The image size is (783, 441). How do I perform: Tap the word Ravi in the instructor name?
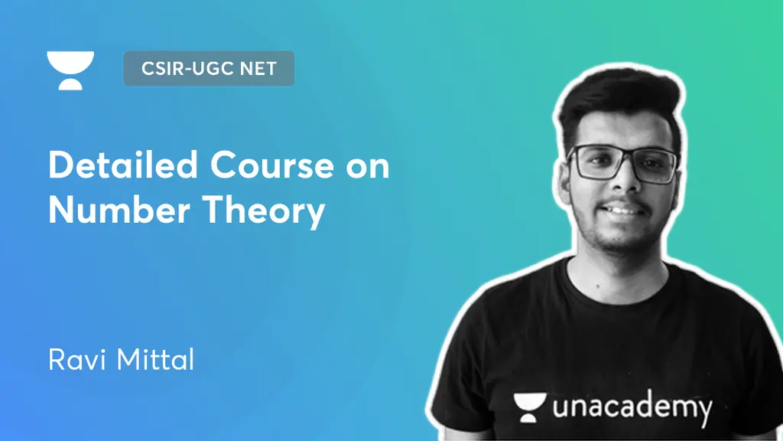pos(74,359)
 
